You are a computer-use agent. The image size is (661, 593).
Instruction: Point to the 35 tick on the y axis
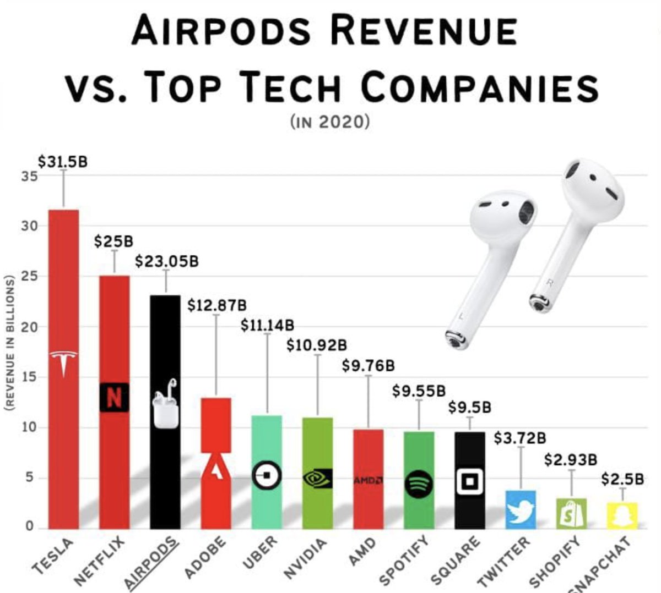[30, 177]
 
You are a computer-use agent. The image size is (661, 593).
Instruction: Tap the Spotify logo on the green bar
[419, 485]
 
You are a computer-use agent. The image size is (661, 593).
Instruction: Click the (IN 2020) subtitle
[329, 121]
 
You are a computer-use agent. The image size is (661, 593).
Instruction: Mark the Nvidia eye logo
[317, 478]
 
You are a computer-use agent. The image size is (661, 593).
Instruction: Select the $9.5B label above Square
[469, 408]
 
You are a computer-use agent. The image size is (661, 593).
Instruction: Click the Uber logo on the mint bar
[267, 475]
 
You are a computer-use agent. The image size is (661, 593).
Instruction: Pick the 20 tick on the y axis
[30, 327]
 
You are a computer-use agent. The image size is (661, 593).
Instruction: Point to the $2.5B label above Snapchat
[622, 479]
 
